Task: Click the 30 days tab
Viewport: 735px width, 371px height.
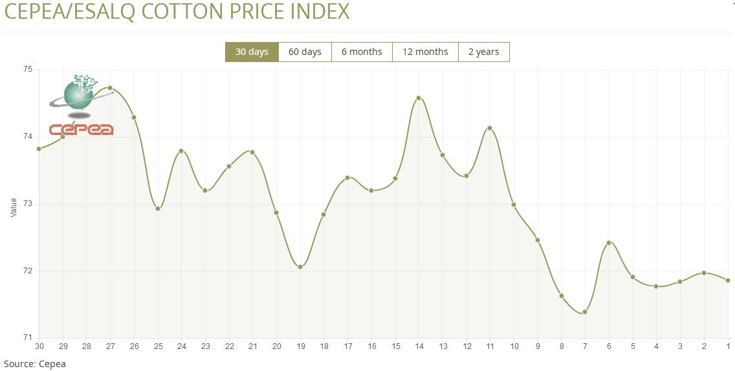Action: (252, 52)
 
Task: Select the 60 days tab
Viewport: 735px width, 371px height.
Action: (305, 52)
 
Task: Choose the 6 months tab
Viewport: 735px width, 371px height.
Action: (362, 52)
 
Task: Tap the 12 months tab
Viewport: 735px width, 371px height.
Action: (425, 52)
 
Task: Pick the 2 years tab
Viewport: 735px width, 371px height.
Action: (483, 52)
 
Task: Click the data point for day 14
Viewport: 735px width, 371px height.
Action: (419, 98)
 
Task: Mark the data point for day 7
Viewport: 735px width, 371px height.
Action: (585, 312)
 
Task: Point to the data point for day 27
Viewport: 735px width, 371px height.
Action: (110, 88)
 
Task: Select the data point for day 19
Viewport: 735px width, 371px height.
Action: (300, 267)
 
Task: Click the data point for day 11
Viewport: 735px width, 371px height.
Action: (490, 128)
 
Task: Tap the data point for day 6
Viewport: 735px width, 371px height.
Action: (609, 243)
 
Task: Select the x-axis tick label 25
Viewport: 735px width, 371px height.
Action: (158, 346)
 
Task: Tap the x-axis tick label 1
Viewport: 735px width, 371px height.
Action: (728, 346)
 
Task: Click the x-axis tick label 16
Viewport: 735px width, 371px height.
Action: (371, 346)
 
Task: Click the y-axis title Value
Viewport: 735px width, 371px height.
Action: (14, 207)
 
